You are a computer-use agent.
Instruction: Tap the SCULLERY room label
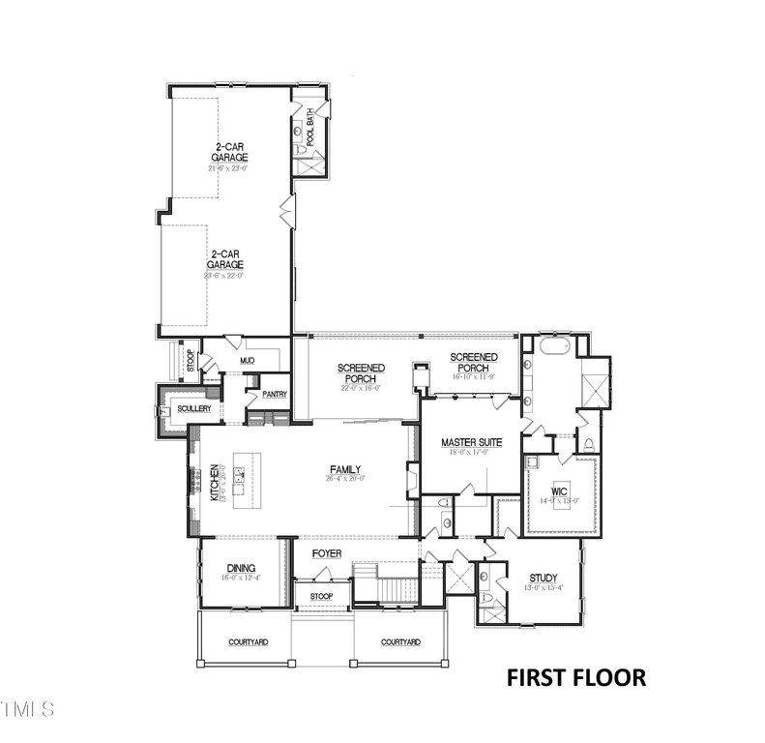click(193, 409)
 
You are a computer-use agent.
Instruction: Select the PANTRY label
click(275, 394)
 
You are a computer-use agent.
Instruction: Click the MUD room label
click(247, 361)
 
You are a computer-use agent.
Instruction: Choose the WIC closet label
click(558, 490)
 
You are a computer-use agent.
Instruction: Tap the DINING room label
click(241, 568)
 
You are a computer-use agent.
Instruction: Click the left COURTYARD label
click(248, 642)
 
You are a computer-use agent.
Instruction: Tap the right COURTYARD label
click(399, 642)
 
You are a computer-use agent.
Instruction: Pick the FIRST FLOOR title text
click(576, 677)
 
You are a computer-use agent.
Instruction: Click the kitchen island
click(239, 481)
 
